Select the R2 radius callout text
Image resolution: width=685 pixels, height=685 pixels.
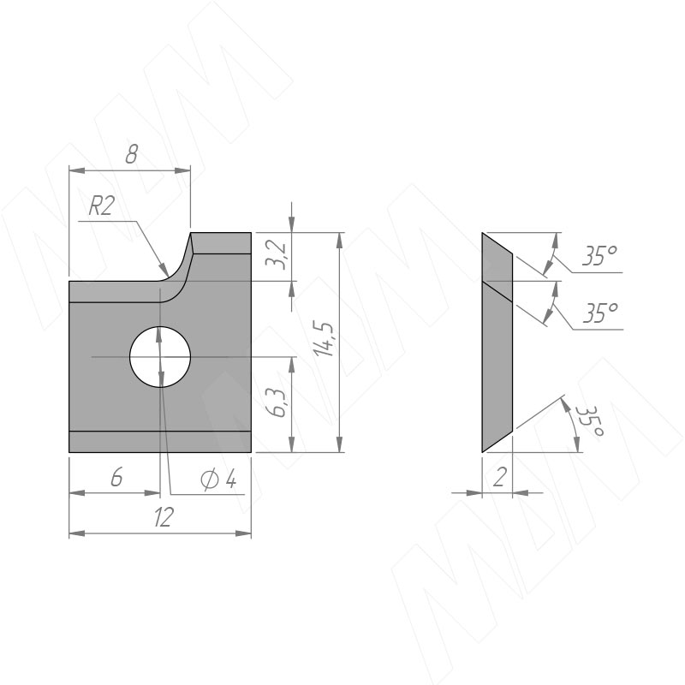(101, 205)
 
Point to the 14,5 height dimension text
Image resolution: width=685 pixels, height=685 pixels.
(325, 339)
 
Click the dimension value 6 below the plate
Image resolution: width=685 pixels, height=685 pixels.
(116, 477)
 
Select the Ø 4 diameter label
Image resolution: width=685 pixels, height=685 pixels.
(218, 479)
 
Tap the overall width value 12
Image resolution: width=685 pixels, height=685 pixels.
(164, 517)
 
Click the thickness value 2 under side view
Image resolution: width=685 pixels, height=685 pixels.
(499, 477)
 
